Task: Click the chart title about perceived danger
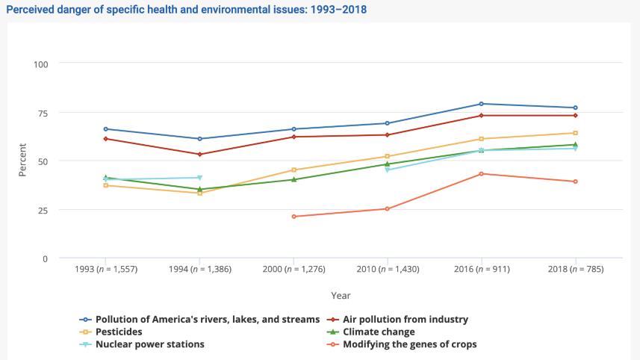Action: point(186,10)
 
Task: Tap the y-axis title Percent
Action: point(22,160)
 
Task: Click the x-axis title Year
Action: point(341,296)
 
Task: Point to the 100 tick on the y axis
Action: point(40,63)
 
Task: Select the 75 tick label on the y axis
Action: point(43,113)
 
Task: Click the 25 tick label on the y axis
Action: point(43,210)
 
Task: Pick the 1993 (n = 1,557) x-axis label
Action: point(106,269)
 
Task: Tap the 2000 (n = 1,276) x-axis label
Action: point(293,269)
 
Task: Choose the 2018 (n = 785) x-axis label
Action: point(575,269)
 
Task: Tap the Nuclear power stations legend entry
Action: point(149,344)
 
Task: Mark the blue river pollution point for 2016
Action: point(481,104)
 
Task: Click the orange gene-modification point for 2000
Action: point(293,217)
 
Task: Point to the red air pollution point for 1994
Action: point(199,155)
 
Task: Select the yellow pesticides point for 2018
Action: point(575,133)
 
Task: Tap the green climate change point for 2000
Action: point(293,179)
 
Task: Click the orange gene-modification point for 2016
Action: point(481,174)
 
